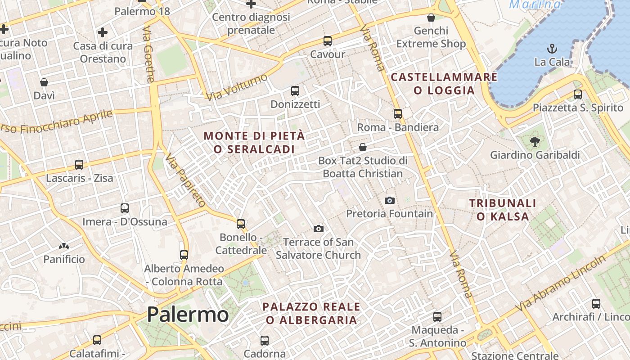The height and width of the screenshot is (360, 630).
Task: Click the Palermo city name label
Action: coord(188,314)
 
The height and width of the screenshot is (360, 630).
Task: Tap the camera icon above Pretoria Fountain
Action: coord(390,200)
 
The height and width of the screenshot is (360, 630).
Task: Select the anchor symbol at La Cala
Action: coord(552,48)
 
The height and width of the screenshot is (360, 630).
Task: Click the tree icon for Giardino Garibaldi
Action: coord(535,142)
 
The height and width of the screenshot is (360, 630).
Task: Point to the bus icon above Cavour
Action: coord(328,41)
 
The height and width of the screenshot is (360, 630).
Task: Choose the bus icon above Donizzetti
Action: coord(295,91)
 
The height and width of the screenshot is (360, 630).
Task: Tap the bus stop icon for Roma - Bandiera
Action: coord(398,114)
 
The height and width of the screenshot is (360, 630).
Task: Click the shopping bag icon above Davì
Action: coord(44,82)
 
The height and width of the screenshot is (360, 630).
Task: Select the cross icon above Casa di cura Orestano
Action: coord(103,32)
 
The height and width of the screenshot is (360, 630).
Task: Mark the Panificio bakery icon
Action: coord(64,246)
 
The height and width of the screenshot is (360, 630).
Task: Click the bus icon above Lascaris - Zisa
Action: coord(79,165)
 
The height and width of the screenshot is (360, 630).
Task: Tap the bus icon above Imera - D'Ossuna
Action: coord(125,208)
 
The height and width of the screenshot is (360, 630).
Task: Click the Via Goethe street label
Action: coord(149,54)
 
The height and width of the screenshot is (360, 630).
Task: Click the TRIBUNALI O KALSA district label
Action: coord(503,210)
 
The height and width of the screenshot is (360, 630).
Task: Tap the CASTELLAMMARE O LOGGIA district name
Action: coord(444,83)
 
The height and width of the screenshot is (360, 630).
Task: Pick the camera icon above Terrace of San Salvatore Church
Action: coord(319,229)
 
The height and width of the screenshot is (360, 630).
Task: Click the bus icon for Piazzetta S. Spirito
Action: coord(578,94)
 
